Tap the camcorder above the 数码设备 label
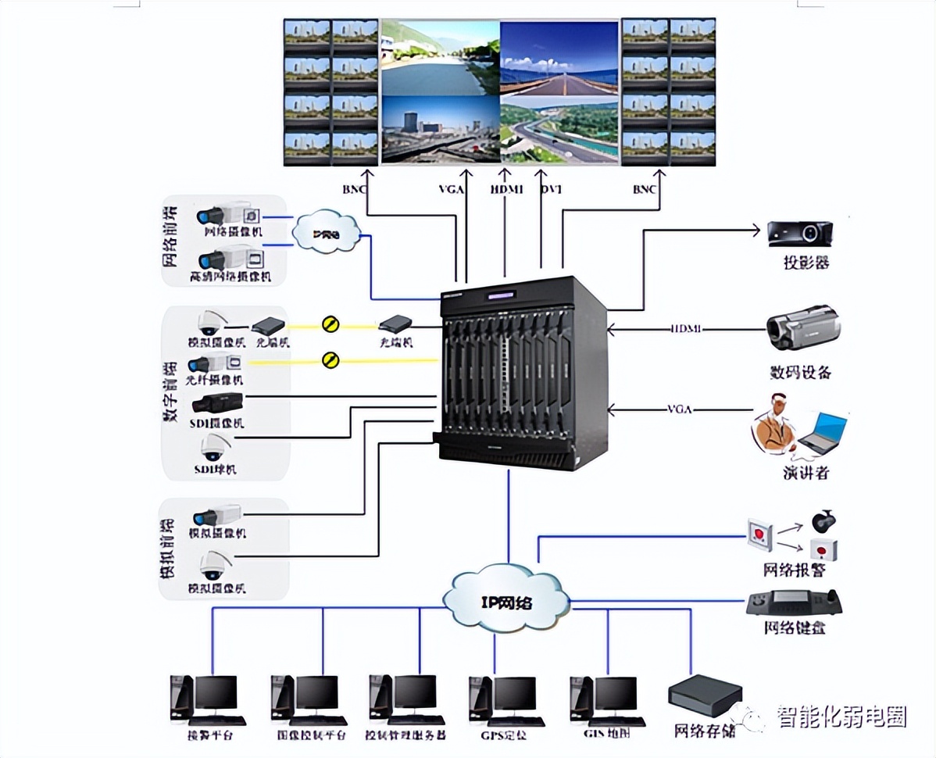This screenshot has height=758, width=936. (x=802, y=328)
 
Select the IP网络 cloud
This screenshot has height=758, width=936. (x=507, y=600)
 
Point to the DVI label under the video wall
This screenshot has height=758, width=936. (x=552, y=188)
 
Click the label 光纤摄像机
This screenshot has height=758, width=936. (x=215, y=381)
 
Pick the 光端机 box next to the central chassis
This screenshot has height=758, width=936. (x=395, y=323)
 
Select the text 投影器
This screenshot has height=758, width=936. (x=806, y=263)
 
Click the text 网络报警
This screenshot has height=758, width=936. (x=794, y=570)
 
